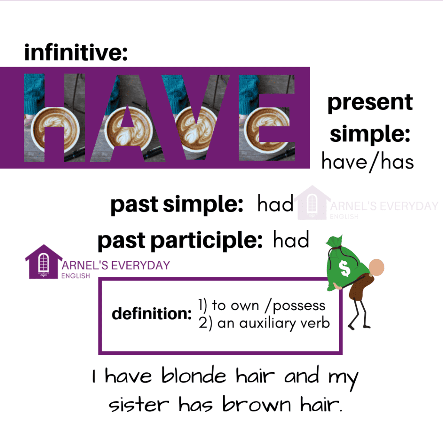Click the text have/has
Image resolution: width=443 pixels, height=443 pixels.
coord(368,162)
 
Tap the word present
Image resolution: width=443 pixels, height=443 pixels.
coord(370,103)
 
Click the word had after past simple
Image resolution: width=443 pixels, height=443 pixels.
coord(276,204)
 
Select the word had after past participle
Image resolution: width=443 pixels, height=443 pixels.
coord(291,241)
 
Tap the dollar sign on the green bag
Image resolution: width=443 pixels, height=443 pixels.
coord(345,269)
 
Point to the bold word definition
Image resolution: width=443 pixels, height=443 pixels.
coord(151,314)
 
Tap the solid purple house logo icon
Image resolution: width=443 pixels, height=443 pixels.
coord(43,261)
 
